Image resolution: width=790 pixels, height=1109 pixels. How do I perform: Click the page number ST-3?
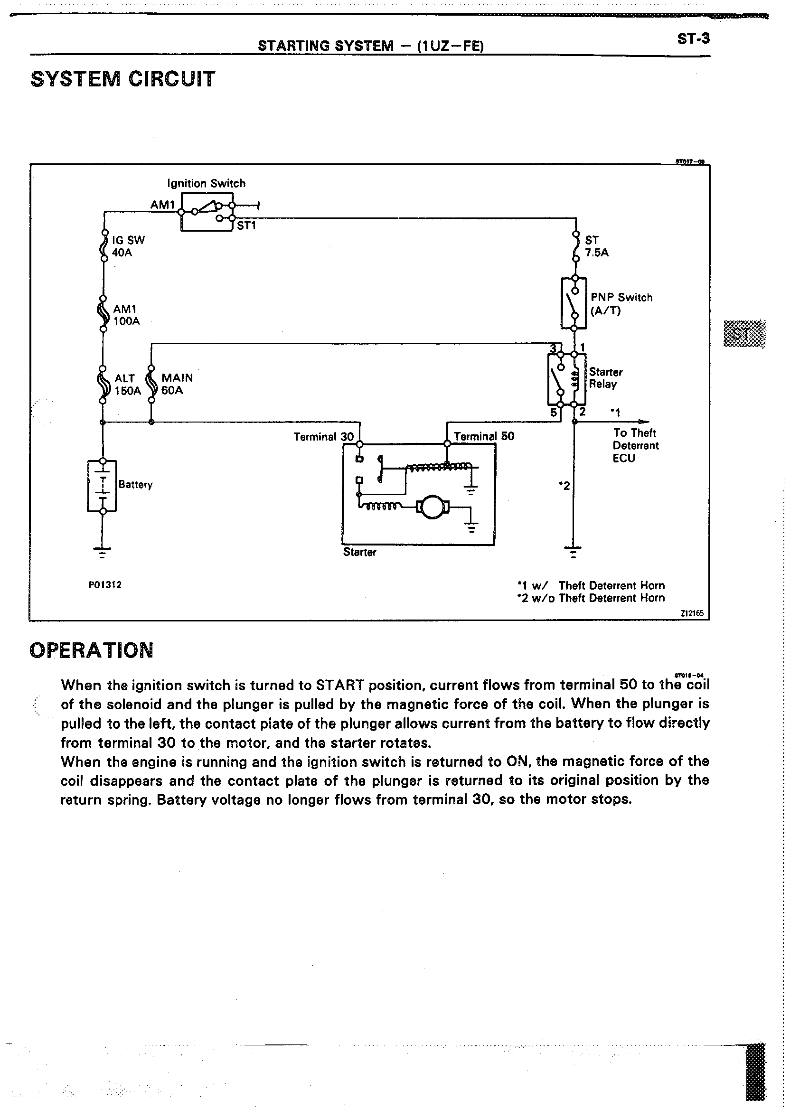(693, 38)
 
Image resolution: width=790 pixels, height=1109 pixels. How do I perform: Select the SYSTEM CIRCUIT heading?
(122, 79)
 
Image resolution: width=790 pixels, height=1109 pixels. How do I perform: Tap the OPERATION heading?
(92, 650)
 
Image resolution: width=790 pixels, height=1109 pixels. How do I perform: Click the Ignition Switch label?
(206, 183)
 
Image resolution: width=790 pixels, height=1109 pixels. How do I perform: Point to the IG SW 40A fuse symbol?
(103, 246)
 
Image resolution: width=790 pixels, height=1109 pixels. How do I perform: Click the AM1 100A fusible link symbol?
(103, 314)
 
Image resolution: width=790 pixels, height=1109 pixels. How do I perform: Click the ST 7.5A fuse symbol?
(575, 246)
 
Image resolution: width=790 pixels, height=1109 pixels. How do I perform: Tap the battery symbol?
(102, 486)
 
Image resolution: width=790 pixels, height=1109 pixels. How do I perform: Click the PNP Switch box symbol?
(574, 302)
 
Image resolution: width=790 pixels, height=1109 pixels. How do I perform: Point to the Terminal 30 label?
(323, 437)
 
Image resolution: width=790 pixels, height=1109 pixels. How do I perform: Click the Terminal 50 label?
(484, 436)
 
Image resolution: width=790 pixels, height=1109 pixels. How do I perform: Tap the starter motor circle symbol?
(431, 507)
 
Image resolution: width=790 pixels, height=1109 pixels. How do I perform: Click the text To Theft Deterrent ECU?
(635, 445)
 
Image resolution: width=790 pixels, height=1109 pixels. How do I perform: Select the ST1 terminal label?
(246, 226)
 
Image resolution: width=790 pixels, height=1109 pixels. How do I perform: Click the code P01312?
(104, 585)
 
